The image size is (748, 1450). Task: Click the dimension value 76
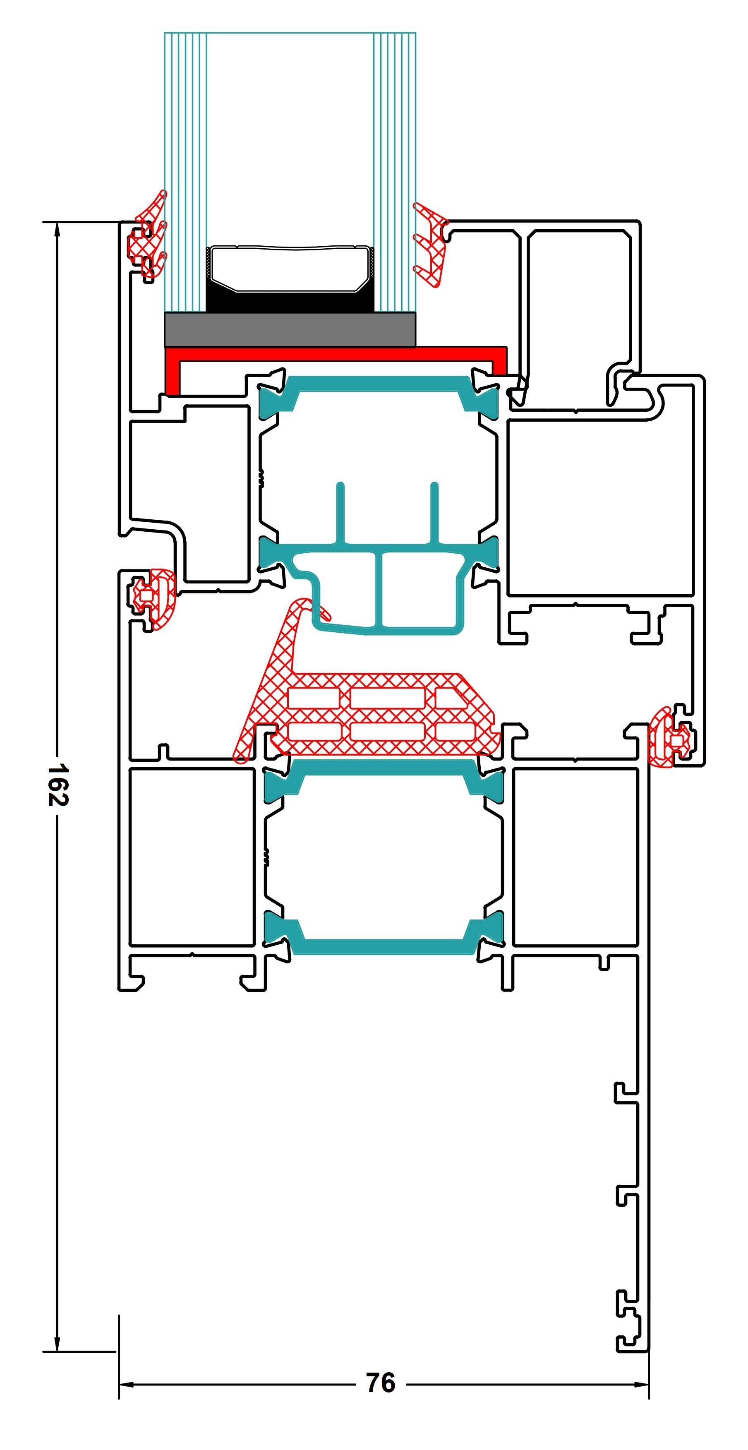(381, 1383)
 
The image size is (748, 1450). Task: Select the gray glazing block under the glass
(290, 330)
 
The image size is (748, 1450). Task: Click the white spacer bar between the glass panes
(290, 269)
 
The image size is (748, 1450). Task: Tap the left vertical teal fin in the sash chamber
(340, 512)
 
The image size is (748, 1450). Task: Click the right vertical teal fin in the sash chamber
(434, 512)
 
